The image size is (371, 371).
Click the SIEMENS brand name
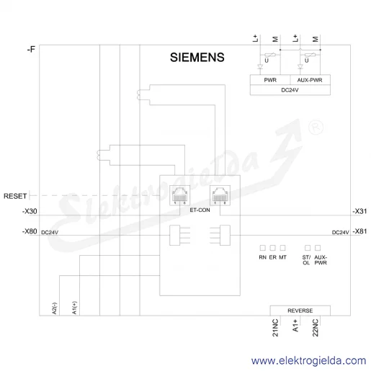(x=197, y=58)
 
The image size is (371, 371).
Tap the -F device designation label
(x=31, y=50)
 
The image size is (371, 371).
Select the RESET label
(x=15, y=196)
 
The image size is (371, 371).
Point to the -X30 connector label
(x=30, y=211)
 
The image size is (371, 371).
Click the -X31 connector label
(x=359, y=211)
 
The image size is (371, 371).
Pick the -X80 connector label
(x=30, y=231)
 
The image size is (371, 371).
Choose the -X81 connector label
(x=359, y=231)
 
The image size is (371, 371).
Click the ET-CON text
(x=200, y=210)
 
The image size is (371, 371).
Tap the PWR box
(x=270, y=80)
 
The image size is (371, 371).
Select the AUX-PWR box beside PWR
(x=310, y=80)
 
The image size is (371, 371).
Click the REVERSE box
(x=300, y=310)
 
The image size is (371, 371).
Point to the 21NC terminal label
(x=275, y=328)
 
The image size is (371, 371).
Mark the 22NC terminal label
(x=316, y=328)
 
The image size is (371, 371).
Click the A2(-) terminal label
(x=54, y=308)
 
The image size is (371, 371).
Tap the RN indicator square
(x=263, y=248)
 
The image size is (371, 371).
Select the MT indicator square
(x=282, y=248)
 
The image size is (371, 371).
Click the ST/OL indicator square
(x=308, y=248)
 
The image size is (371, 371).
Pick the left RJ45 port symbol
(x=179, y=195)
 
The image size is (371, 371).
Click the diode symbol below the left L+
(x=260, y=66)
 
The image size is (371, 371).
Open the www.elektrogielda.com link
(x=308, y=361)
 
